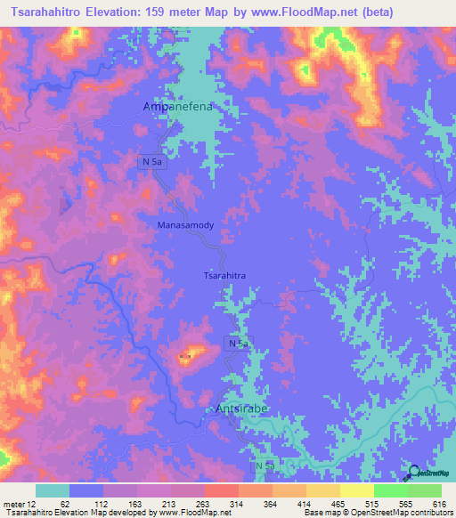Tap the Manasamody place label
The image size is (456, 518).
pyautogui.click(x=185, y=226)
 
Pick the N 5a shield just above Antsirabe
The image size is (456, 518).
pyautogui.click(x=236, y=344)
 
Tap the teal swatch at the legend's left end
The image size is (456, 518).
pyautogui.click(x=53, y=490)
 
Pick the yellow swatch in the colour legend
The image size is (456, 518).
pyautogui.click(x=356, y=490)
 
